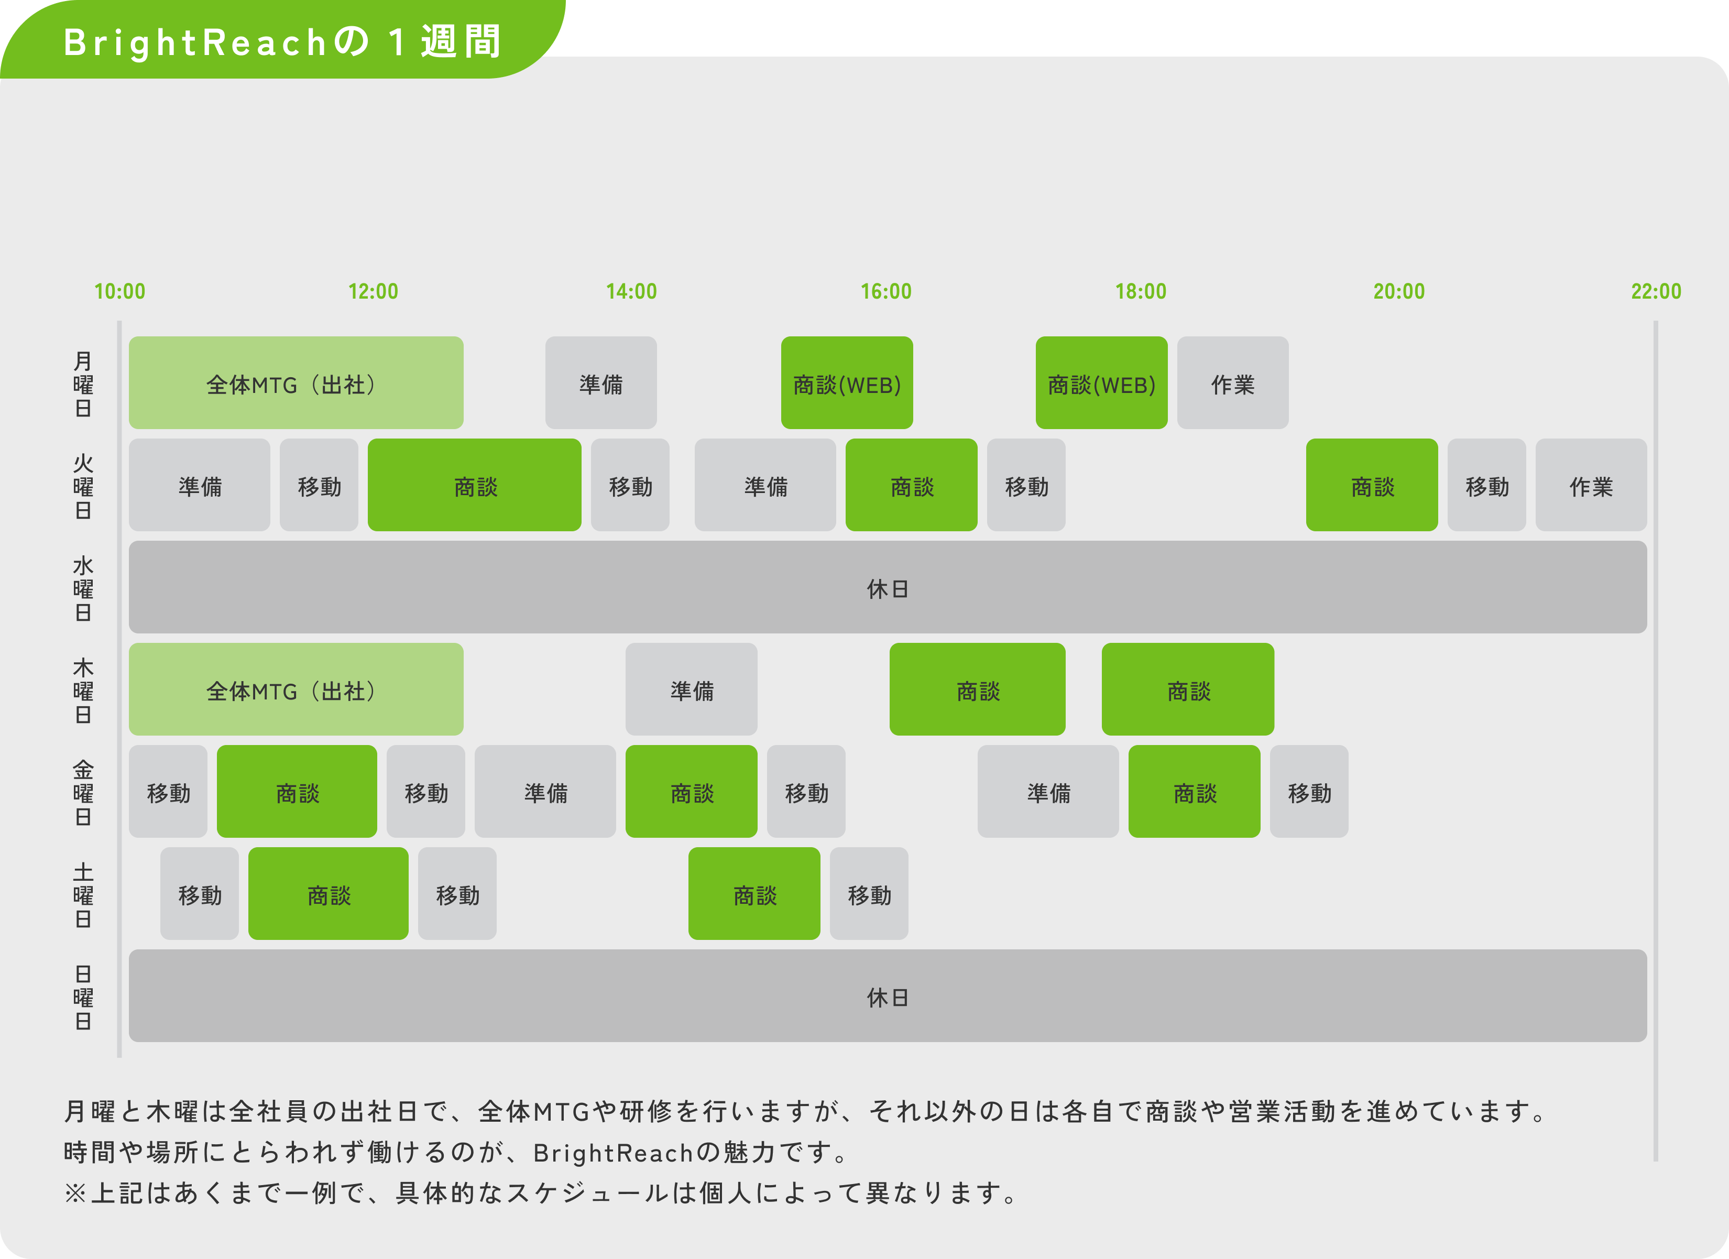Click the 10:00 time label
119,291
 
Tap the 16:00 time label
886,291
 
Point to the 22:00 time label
1656,291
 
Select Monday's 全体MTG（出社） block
296,382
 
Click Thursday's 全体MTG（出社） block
296,689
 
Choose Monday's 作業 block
1233,382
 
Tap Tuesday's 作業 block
1591,485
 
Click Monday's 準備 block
601,382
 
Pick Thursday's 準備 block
692,689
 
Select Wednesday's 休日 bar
888,587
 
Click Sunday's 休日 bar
888,995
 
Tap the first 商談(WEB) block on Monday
847,382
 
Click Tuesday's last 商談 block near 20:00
1372,485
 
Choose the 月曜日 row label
83,384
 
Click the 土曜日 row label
83,895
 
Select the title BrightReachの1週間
282,42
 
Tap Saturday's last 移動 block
869,893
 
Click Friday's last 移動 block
1309,791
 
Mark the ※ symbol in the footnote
75,1192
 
